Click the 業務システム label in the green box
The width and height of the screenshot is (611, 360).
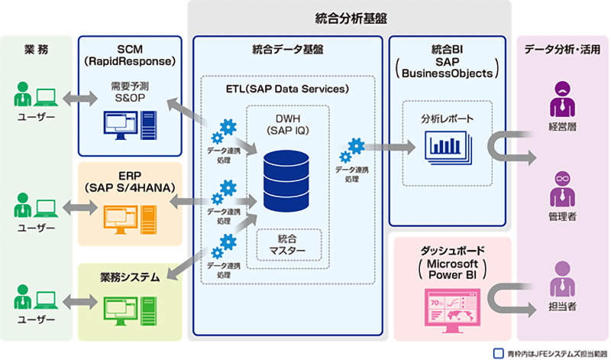pyautogui.click(x=130, y=277)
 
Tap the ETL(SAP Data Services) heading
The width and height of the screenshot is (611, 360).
pyautogui.click(x=287, y=89)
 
